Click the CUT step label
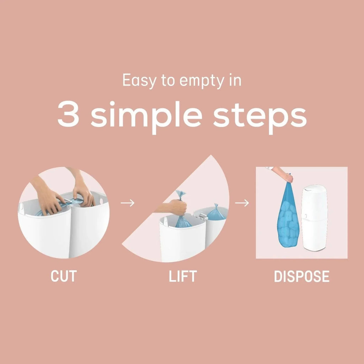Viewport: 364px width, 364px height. (x=64, y=276)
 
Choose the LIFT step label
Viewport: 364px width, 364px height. (x=182, y=276)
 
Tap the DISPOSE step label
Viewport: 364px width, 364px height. (x=301, y=276)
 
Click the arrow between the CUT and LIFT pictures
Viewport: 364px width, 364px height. (x=127, y=203)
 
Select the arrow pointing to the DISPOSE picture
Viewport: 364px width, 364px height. (x=242, y=203)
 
